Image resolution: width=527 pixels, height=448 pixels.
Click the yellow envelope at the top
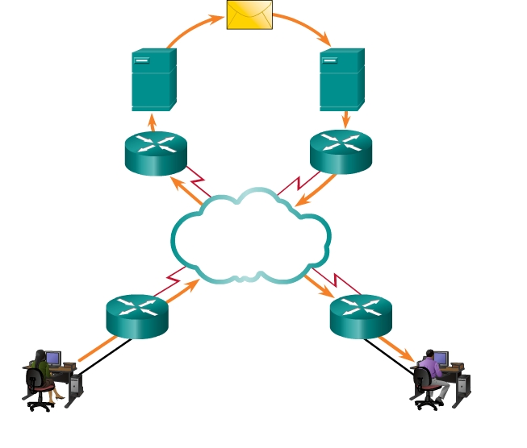tap(249, 15)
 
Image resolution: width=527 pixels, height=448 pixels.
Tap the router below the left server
tap(156, 152)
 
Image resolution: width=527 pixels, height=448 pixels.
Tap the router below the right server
tap(341, 151)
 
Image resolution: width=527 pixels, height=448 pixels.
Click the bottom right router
tap(360, 315)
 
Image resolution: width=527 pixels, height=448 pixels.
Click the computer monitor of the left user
tap(53, 357)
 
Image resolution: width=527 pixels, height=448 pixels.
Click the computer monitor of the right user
tap(441, 358)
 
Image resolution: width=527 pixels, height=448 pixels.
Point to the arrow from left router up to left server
tap(153, 122)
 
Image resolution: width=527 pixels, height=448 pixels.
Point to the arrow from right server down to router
tap(345, 119)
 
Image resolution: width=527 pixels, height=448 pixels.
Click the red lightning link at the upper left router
tap(198, 178)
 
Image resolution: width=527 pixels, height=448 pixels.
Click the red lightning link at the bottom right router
tap(340, 281)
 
